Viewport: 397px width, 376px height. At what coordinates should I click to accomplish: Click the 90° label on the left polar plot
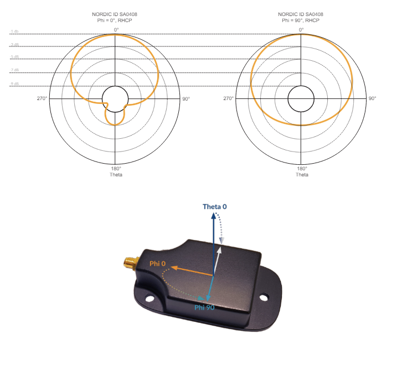tap(186, 98)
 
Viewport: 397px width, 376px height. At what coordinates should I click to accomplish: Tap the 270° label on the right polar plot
tap(228, 98)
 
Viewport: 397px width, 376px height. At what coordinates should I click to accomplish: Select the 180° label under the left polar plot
tap(116, 169)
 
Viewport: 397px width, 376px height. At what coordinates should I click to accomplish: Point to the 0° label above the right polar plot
tap(302, 29)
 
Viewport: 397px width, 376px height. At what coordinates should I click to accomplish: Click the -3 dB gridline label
tap(14, 45)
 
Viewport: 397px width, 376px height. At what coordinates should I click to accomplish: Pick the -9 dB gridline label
tap(14, 83)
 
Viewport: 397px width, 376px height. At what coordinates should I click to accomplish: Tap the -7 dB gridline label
tap(14, 70)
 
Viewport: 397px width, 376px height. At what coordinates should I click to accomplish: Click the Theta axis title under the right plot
tap(302, 175)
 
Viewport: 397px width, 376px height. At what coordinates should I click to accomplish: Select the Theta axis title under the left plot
tap(116, 175)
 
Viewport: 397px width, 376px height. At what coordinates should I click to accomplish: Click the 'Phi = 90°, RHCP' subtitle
tap(302, 20)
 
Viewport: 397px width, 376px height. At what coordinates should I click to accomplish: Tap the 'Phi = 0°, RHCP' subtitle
tap(116, 20)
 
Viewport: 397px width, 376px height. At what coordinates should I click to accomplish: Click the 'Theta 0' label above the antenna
tap(215, 207)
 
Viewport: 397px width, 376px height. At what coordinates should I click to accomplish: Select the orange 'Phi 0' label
tap(158, 264)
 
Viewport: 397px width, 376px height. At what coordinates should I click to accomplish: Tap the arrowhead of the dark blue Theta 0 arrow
tap(214, 216)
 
